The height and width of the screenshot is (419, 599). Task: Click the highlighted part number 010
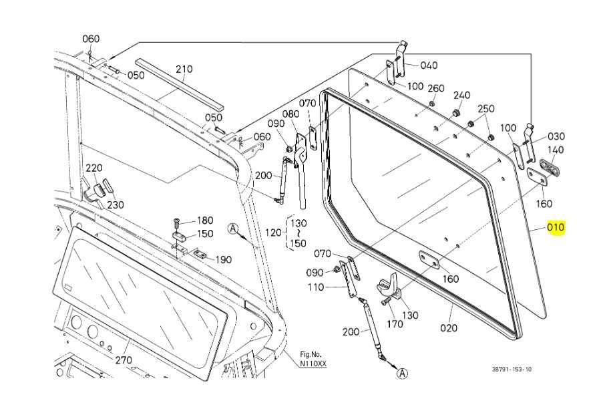click(556, 227)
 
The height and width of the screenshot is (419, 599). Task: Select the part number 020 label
click(449, 328)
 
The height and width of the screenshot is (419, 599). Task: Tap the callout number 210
click(184, 69)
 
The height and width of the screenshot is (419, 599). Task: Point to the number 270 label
click(124, 360)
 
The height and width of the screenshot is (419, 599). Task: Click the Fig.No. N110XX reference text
click(313, 360)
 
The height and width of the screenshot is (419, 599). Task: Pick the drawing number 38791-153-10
click(512, 370)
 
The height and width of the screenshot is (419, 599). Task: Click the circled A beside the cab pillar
click(232, 229)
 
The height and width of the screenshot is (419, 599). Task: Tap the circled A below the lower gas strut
click(402, 373)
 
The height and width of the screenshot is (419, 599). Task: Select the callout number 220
click(93, 168)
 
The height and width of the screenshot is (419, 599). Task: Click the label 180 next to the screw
click(205, 221)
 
